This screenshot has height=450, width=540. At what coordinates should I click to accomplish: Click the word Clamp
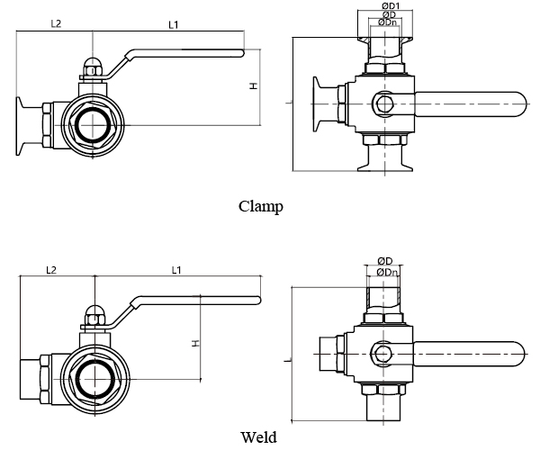[261, 207]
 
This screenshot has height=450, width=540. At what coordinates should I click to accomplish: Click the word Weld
[258, 436]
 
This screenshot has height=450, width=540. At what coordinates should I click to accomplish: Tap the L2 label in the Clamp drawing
[56, 23]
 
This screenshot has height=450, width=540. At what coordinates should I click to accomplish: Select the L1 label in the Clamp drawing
[173, 25]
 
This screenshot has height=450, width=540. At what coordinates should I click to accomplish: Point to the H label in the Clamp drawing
[254, 85]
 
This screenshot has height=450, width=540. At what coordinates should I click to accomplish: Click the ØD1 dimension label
[391, 6]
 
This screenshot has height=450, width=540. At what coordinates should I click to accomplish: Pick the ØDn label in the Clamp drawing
[387, 22]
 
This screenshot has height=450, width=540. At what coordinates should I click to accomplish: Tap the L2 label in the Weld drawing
[51, 270]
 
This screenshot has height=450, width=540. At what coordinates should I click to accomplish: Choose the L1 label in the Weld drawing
[176, 270]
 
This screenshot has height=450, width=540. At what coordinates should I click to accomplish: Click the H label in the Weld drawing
[195, 343]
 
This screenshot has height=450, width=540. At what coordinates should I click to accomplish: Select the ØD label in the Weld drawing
[384, 261]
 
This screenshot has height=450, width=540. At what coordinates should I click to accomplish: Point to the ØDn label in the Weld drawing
[387, 273]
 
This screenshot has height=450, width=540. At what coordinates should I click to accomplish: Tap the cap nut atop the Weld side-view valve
[94, 316]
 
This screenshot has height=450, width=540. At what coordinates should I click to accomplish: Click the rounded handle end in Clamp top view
[521, 104]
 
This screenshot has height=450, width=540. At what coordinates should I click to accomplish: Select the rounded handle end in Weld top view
[519, 354]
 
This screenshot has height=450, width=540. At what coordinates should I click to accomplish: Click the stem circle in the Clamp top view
[384, 103]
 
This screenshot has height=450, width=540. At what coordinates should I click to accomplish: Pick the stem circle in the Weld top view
[382, 354]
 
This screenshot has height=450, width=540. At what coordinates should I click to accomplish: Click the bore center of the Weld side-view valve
[94, 379]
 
